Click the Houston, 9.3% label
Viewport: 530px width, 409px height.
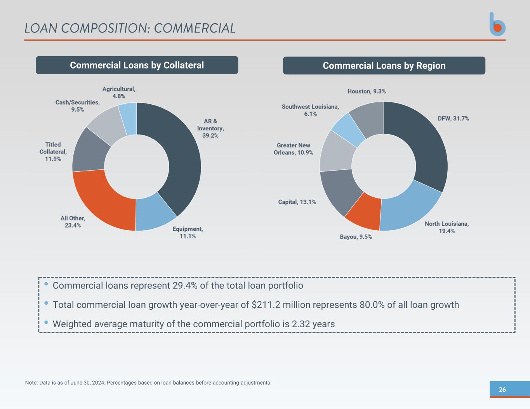[366, 91]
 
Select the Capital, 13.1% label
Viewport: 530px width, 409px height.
[297, 202]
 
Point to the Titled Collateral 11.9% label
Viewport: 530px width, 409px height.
[53, 152]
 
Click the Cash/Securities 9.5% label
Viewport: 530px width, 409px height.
[77, 106]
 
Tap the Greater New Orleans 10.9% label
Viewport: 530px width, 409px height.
[293, 149]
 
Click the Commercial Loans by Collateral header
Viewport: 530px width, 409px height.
[137, 65]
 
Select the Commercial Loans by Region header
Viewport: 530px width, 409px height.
[384, 66]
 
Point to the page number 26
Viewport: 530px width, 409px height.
[502, 390]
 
